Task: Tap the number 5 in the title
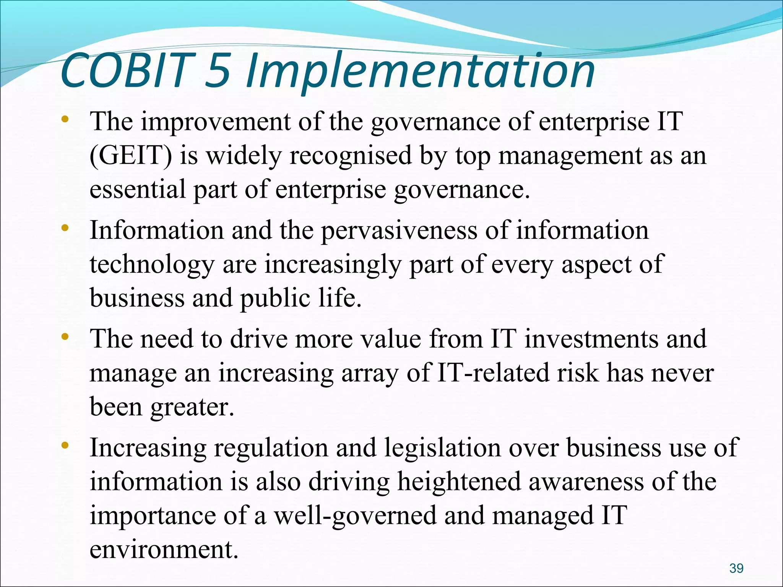point(218,71)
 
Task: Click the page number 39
point(736,568)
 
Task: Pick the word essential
point(137,189)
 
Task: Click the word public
point(275,298)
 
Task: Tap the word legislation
point(442,448)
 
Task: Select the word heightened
point(459,482)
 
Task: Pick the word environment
point(164,550)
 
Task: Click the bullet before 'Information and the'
point(65,228)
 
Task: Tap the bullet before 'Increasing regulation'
point(65,445)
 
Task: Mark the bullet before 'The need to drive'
point(65,337)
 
